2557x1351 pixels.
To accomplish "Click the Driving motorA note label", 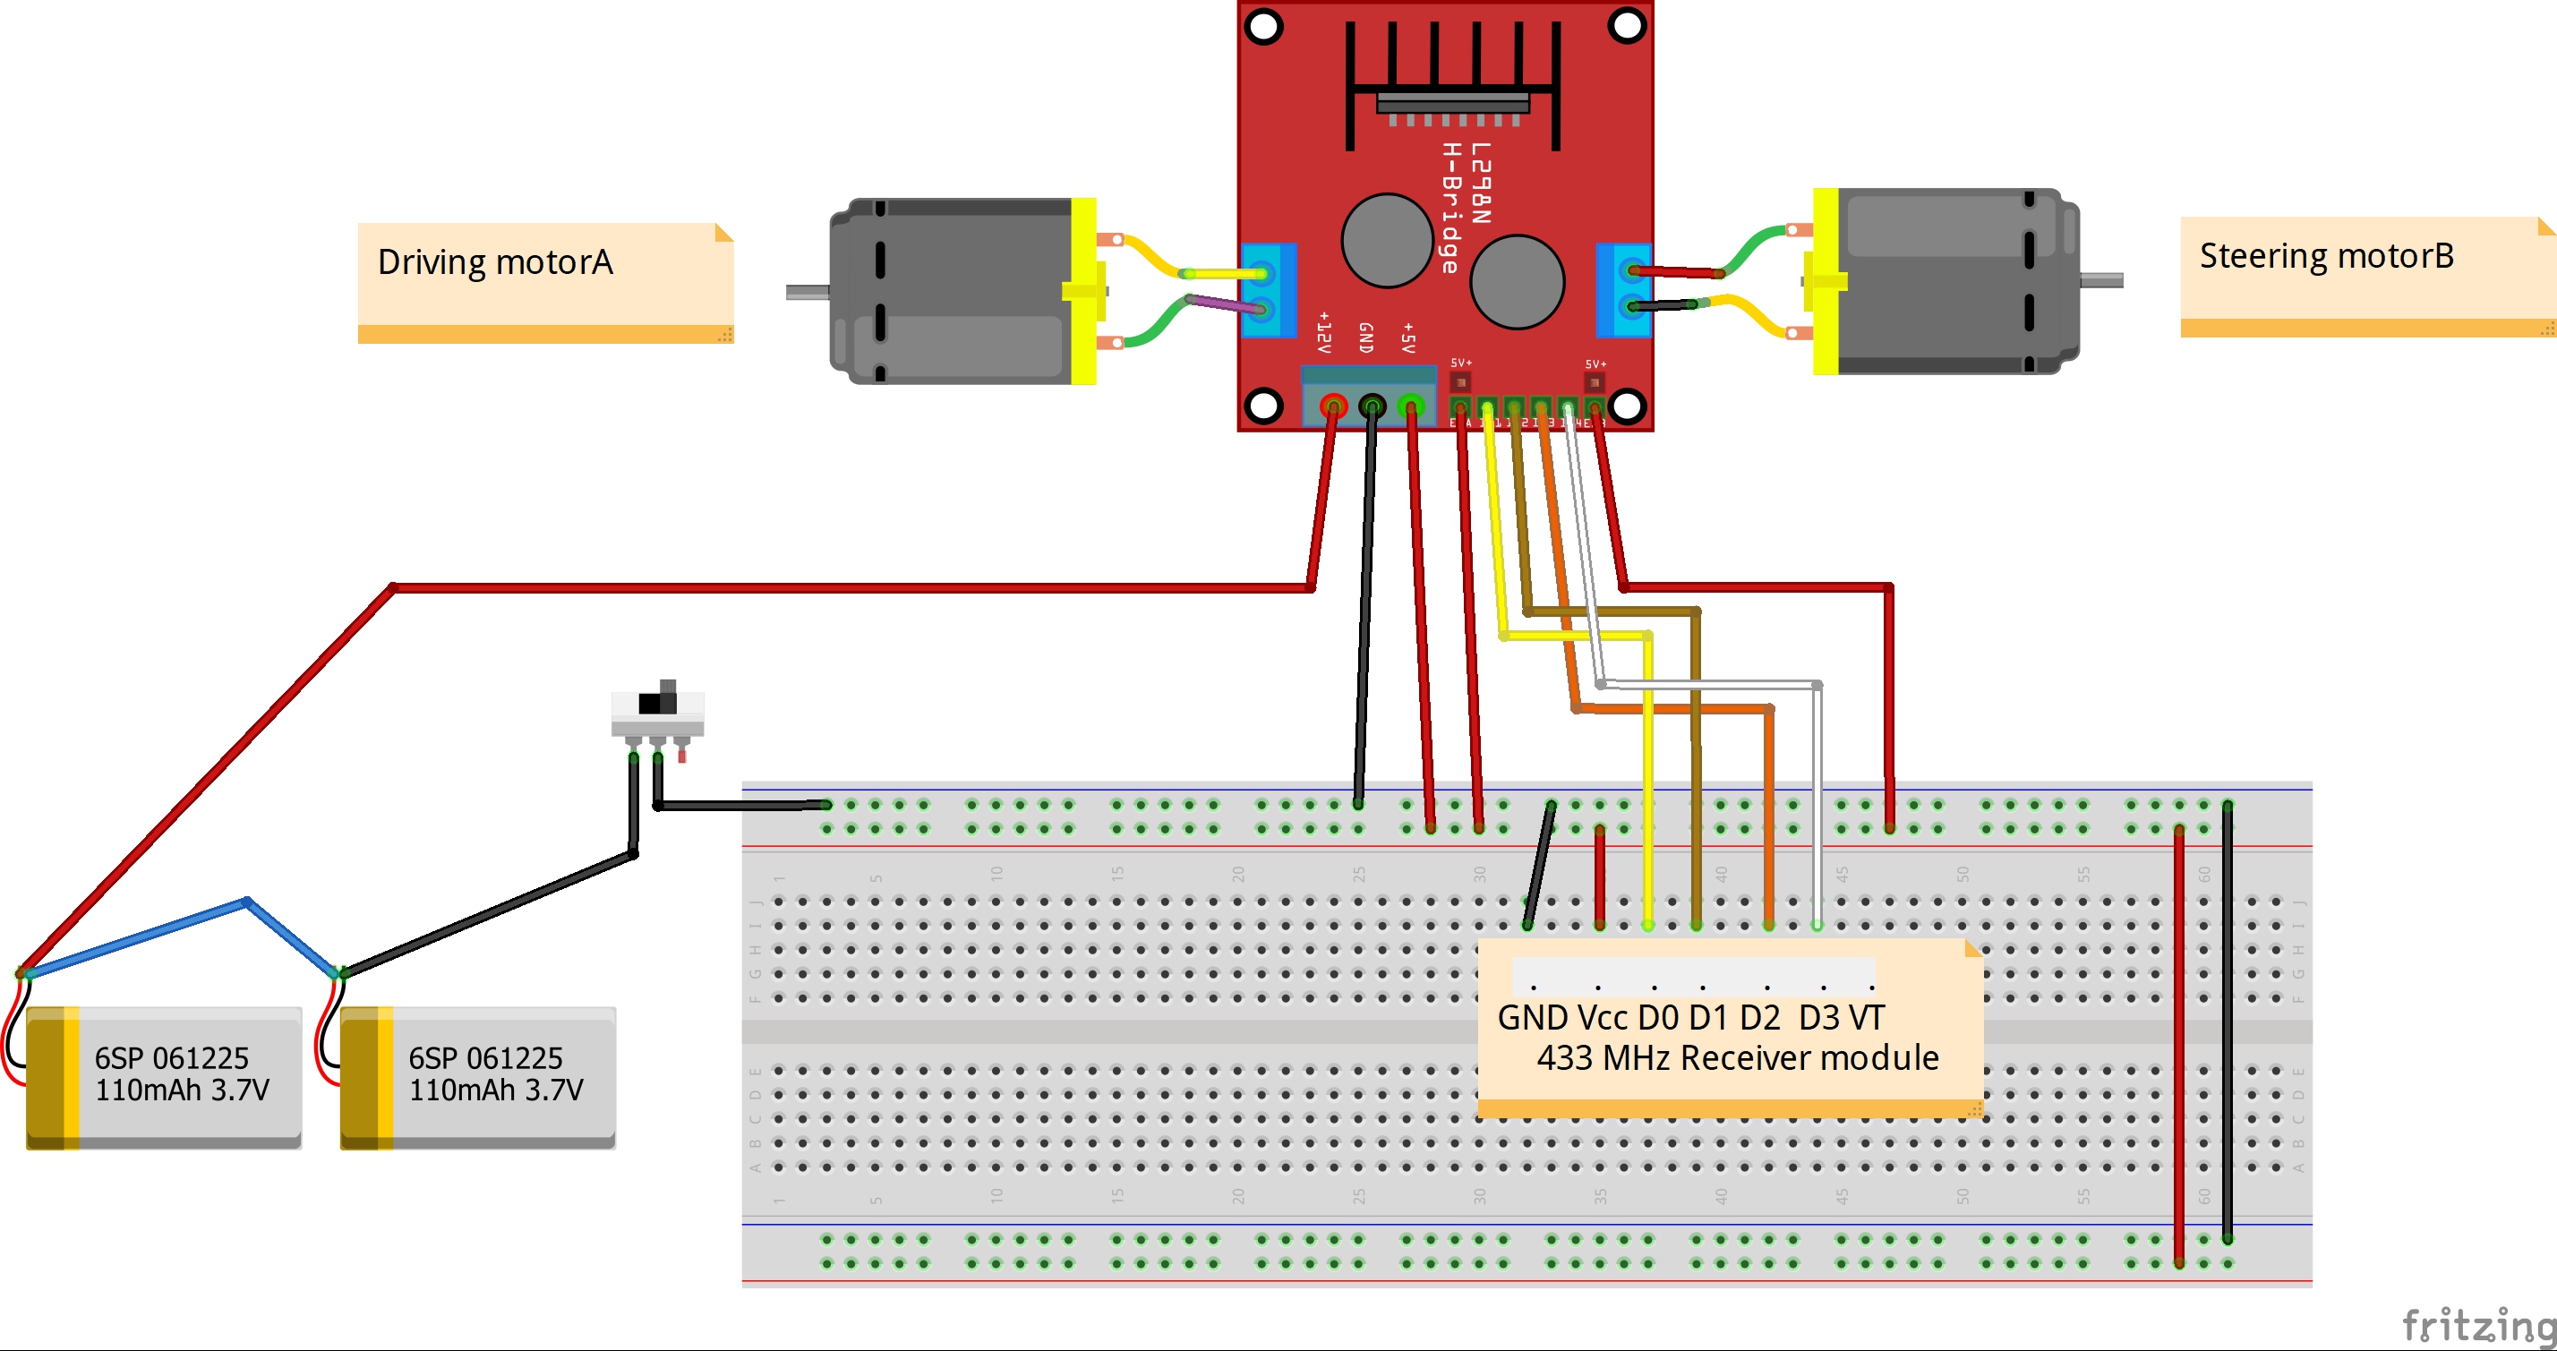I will [x=495, y=263].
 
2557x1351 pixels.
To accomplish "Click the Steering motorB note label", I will [x=2326, y=257].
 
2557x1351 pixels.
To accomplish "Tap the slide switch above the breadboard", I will [x=657, y=709].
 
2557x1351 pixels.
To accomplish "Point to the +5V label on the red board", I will [x=1407, y=338].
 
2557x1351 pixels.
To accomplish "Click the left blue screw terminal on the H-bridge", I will [x=1269, y=290].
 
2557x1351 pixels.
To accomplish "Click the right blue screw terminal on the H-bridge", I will [x=1623, y=289].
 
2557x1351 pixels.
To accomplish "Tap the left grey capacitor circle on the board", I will [x=1387, y=240].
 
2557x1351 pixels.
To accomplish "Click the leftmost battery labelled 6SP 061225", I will [x=164, y=1077].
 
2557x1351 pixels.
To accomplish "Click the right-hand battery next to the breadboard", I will [x=478, y=1077].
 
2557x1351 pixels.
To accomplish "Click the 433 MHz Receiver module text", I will [x=1737, y=1058].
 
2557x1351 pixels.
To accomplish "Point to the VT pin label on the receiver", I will [x=1866, y=1017].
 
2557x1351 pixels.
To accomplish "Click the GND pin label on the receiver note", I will [x=1532, y=1017].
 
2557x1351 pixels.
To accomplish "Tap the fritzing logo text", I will [x=2477, y=1325].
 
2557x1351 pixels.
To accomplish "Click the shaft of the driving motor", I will [x=807, y=292].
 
